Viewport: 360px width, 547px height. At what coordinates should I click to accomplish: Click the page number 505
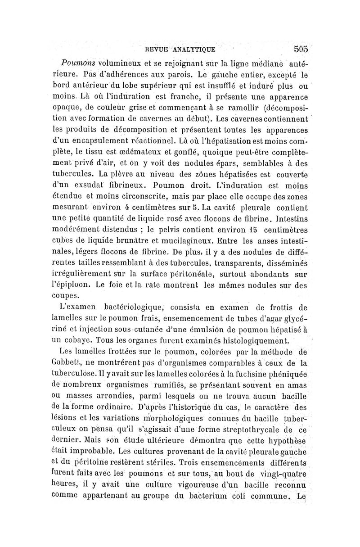tap(301, 49)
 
